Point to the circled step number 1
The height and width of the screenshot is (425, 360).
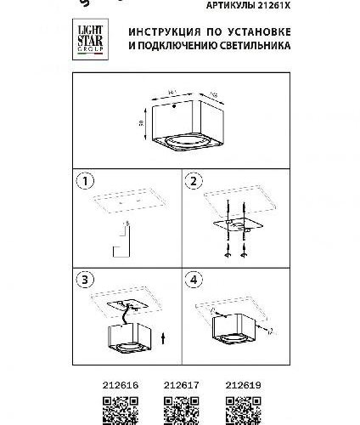click(82, 181)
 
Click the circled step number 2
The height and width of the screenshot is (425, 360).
click(192, 181)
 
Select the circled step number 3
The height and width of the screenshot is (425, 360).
click(82, 280)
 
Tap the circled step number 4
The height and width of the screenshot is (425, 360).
click(192, 280)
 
